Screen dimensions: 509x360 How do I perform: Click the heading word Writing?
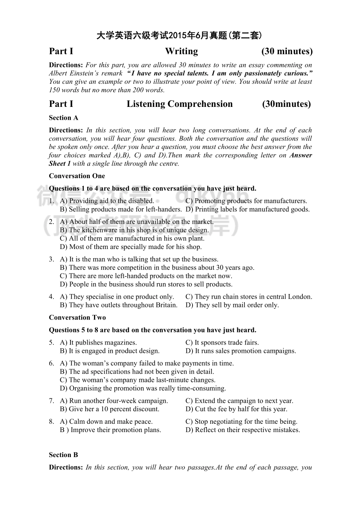click(181, 52)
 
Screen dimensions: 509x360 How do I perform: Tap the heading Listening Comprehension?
click(180, 104)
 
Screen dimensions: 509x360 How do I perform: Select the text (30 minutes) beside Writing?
click(287, 52)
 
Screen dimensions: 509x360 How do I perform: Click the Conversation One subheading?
click(77, 176)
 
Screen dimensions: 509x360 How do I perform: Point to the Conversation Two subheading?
click(77, 318)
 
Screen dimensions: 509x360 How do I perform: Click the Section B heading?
click(63, 455)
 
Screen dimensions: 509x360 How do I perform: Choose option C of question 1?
click(246, 201)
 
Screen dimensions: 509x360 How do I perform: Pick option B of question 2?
click(134, 230)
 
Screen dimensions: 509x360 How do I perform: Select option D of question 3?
click(146, 284)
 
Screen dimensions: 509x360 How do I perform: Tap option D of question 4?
click(232, 305)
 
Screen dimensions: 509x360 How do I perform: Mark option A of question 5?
click(98, 343)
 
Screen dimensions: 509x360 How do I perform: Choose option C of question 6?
click(138, 380)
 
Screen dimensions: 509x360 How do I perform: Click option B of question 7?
click(110, 409)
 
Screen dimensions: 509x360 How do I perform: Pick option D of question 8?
click(243, 430)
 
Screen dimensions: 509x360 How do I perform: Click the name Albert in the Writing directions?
click(59, 74)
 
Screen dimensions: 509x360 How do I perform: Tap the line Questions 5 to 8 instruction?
click(152, 330)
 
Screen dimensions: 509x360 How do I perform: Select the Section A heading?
click(63, 118)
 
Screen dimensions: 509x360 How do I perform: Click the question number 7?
click(52, 401)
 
